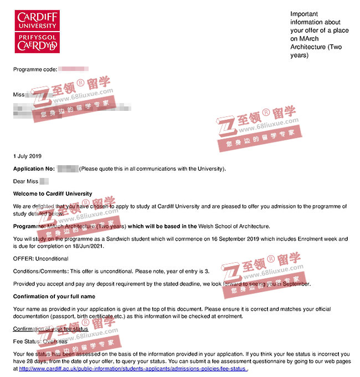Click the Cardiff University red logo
(x=37, y=31)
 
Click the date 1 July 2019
(x=27, y=156)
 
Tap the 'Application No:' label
(x=34, y=168)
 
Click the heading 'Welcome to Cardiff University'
(x=53, y=193)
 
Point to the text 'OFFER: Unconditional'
(x=40, y=258)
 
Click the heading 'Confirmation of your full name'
(x=54, y=297)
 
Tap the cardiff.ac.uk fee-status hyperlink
(x=133, y=368)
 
